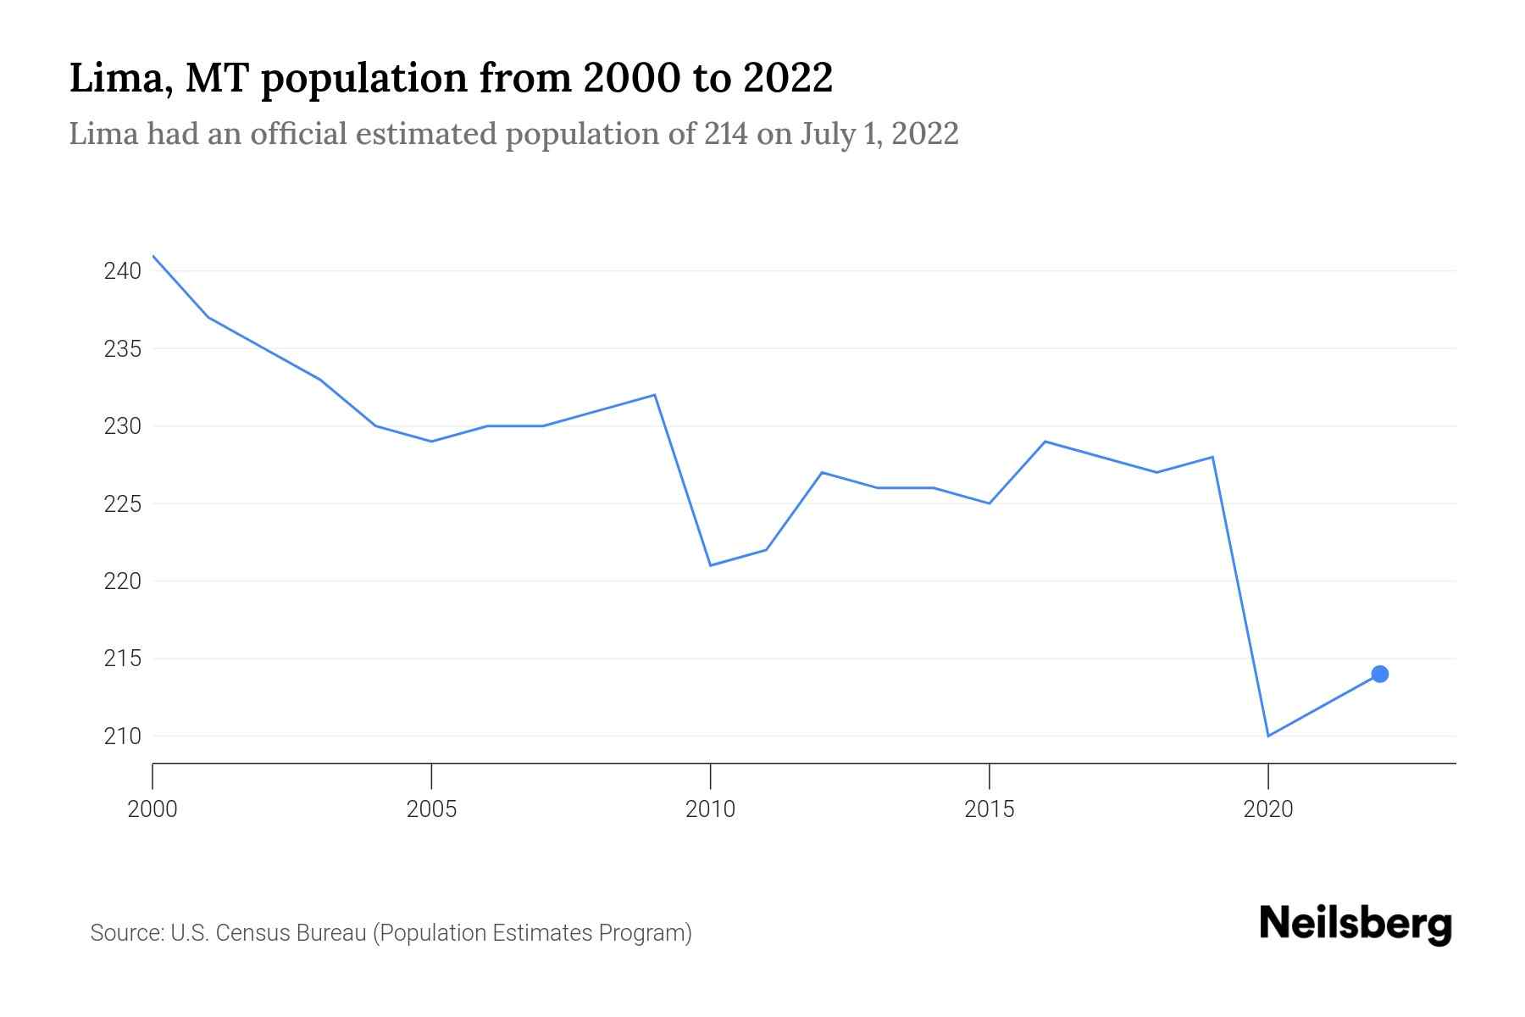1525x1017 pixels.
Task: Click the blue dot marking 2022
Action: (x=1379, y=674)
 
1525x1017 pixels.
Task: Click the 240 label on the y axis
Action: (x=122, y=271)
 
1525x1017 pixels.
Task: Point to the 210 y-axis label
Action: (x=122, y=736)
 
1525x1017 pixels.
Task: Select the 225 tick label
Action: (x=122, y=504)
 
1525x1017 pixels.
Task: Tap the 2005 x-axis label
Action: (x=431, y=809)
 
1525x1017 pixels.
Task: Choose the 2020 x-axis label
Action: (x=1267, y=809)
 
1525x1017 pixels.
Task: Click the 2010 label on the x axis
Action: (x=710, y=809)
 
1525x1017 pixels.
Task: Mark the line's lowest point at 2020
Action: (x=1267, y=736)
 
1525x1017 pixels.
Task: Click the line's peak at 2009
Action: (x=655, y=395)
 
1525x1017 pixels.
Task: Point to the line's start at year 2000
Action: (x=153, y=256)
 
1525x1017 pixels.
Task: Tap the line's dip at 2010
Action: (x=710, y=565)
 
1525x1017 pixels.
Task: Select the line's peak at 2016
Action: (x=1045, y=442)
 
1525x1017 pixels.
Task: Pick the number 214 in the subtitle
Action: (x=726, y=134)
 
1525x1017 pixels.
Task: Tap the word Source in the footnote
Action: (x=126, y=933)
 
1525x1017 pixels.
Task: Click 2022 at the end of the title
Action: (x=788, y=78)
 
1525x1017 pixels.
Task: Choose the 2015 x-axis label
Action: (x=989, y=809)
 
